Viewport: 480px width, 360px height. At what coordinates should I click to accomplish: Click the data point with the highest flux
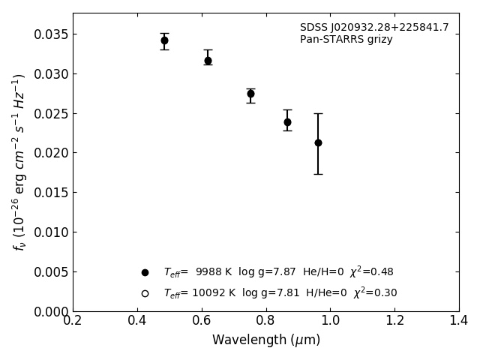(164, 40)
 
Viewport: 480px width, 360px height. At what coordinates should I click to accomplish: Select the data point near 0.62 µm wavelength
(208, 61)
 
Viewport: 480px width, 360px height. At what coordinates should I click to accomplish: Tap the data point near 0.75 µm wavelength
(250, 94)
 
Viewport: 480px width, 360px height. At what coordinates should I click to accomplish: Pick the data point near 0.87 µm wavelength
(287, 122)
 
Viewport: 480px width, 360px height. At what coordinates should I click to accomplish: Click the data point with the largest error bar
(318, 142)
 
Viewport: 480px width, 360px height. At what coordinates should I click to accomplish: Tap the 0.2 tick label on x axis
(73, 321)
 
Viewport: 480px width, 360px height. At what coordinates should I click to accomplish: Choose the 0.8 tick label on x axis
(266, 321)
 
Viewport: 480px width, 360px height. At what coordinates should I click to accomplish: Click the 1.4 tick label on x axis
(459, 321)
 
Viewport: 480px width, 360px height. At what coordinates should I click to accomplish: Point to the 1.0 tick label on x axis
(330, 321)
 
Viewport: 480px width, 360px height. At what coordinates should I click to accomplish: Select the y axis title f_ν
(19, 161)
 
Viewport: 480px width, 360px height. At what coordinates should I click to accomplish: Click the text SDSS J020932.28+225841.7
(374, 28)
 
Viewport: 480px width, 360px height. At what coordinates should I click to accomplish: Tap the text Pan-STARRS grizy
(346, 40)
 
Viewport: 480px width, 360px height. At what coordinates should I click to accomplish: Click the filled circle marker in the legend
(145, 272)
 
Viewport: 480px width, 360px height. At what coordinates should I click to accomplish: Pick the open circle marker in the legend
(145, 293)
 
